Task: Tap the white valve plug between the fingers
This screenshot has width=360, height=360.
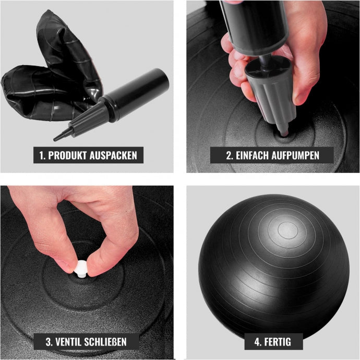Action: (81, 268)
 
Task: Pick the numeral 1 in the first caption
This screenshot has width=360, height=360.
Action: (42, 155)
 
